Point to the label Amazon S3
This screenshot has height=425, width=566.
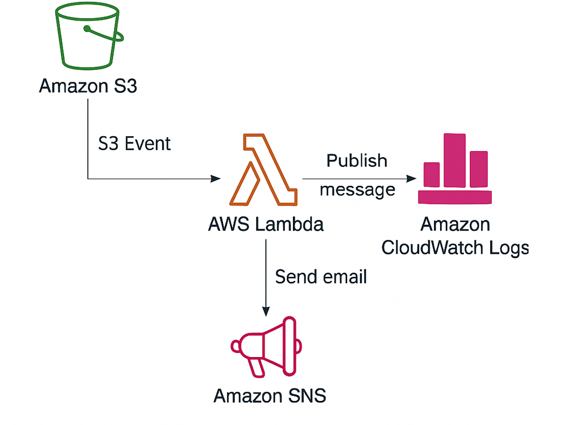[x=88, y=87]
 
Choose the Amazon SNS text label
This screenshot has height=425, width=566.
[x=269, y=395]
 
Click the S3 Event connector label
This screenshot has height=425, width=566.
[x=134, y=143]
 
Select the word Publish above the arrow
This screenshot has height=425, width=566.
[x=357, y=160]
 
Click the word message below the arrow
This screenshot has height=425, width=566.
[x=357, y=190]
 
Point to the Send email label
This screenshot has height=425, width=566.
[x=321, y=277]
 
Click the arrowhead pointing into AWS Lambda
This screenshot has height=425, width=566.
[x=216, y=179]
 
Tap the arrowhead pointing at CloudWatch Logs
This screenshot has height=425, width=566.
[x=412, y=179]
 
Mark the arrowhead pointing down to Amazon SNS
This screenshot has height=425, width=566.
[x=266, y=311]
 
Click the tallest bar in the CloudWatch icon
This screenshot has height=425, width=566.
[x=454, y=160]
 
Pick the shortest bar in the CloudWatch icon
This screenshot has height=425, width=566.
[x=432, y=175]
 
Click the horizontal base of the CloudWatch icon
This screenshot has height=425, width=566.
[x=455, y=197]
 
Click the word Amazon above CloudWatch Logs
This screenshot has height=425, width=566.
[x=455, y=225]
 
